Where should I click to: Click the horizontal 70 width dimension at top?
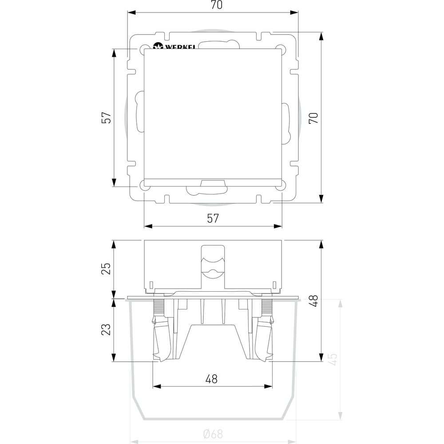[213, 12]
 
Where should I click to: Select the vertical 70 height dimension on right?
[321, 118]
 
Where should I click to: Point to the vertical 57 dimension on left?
[114, 118]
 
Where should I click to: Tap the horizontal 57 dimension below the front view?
[213, 226]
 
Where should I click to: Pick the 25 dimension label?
[106, 269]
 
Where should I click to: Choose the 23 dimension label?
[106, 329]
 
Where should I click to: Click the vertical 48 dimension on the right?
[321, 301]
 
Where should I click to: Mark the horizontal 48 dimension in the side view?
[212, 386]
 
